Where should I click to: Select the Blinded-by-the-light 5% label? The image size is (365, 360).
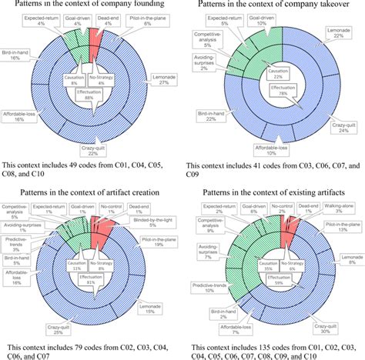pyautogui.click(x=144, y=223)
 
